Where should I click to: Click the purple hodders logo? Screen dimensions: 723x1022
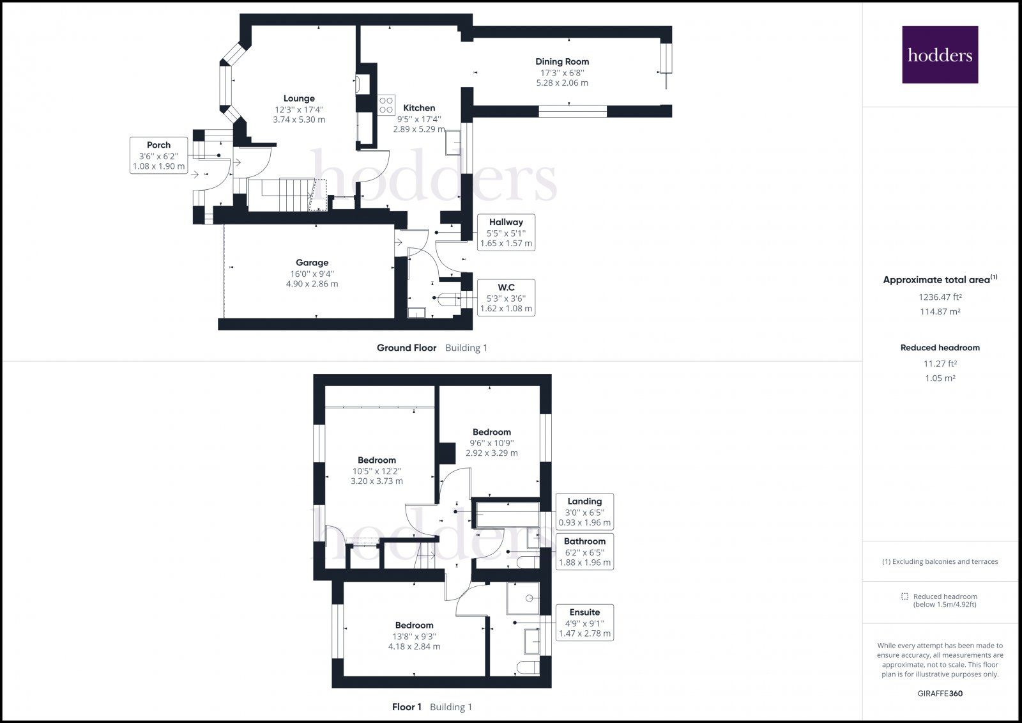point(940,54)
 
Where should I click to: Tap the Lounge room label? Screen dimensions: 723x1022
point(299,98)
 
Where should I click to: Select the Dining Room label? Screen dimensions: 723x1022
point(562,61)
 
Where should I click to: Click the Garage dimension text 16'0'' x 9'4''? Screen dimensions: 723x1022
point(312,274)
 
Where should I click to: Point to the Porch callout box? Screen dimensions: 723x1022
point(159,155)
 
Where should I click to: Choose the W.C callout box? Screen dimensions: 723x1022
point(507,297)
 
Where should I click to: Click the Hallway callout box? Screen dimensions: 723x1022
point(507,233)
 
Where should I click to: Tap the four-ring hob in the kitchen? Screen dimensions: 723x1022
point(386,104)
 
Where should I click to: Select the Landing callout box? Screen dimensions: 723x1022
point(584,511)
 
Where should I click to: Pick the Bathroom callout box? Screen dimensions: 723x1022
point(584,552)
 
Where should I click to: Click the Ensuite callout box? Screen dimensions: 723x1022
point(584,623)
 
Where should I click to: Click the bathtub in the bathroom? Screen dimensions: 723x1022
point(508,515)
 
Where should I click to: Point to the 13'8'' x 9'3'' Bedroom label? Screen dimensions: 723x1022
point(414,625)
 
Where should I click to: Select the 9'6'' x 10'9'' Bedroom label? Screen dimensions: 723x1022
point(491,432)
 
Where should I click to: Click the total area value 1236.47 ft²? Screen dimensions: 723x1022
point(940,297)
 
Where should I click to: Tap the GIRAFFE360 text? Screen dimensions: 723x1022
point(940,694)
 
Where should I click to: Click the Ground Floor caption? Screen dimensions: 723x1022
point(406,348)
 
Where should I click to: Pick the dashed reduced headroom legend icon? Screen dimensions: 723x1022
point(904,596)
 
